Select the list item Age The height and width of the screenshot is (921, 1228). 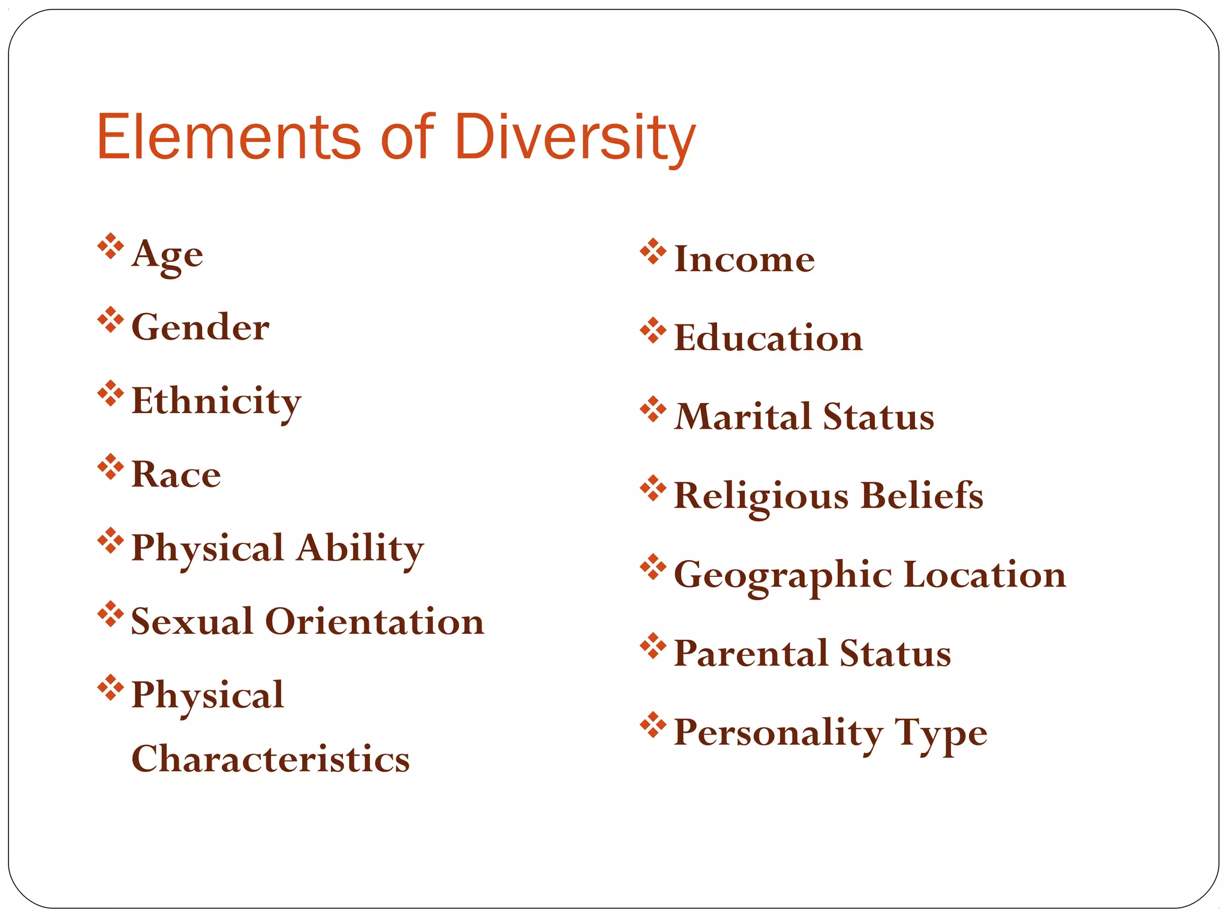(x=167, y=255)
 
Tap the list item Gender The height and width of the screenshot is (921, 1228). (x=200, y=327)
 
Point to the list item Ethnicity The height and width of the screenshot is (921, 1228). (x=216, y=401)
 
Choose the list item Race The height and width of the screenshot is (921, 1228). (x=176, y=474)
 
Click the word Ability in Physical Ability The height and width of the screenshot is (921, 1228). (x=360, y=548)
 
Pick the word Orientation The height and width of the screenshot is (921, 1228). (x=374, y=621)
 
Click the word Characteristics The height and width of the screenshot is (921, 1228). (x=270, y=759)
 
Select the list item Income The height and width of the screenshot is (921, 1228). (x=744, y=259)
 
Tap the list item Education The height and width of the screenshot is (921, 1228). (x=768, y=338)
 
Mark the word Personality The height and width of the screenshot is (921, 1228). (x=778, y=733)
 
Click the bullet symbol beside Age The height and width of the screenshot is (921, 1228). (x=110, y=246)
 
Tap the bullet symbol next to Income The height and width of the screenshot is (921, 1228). (x=653, y=252)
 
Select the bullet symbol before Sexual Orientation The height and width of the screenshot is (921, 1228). (x=110, y=614)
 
